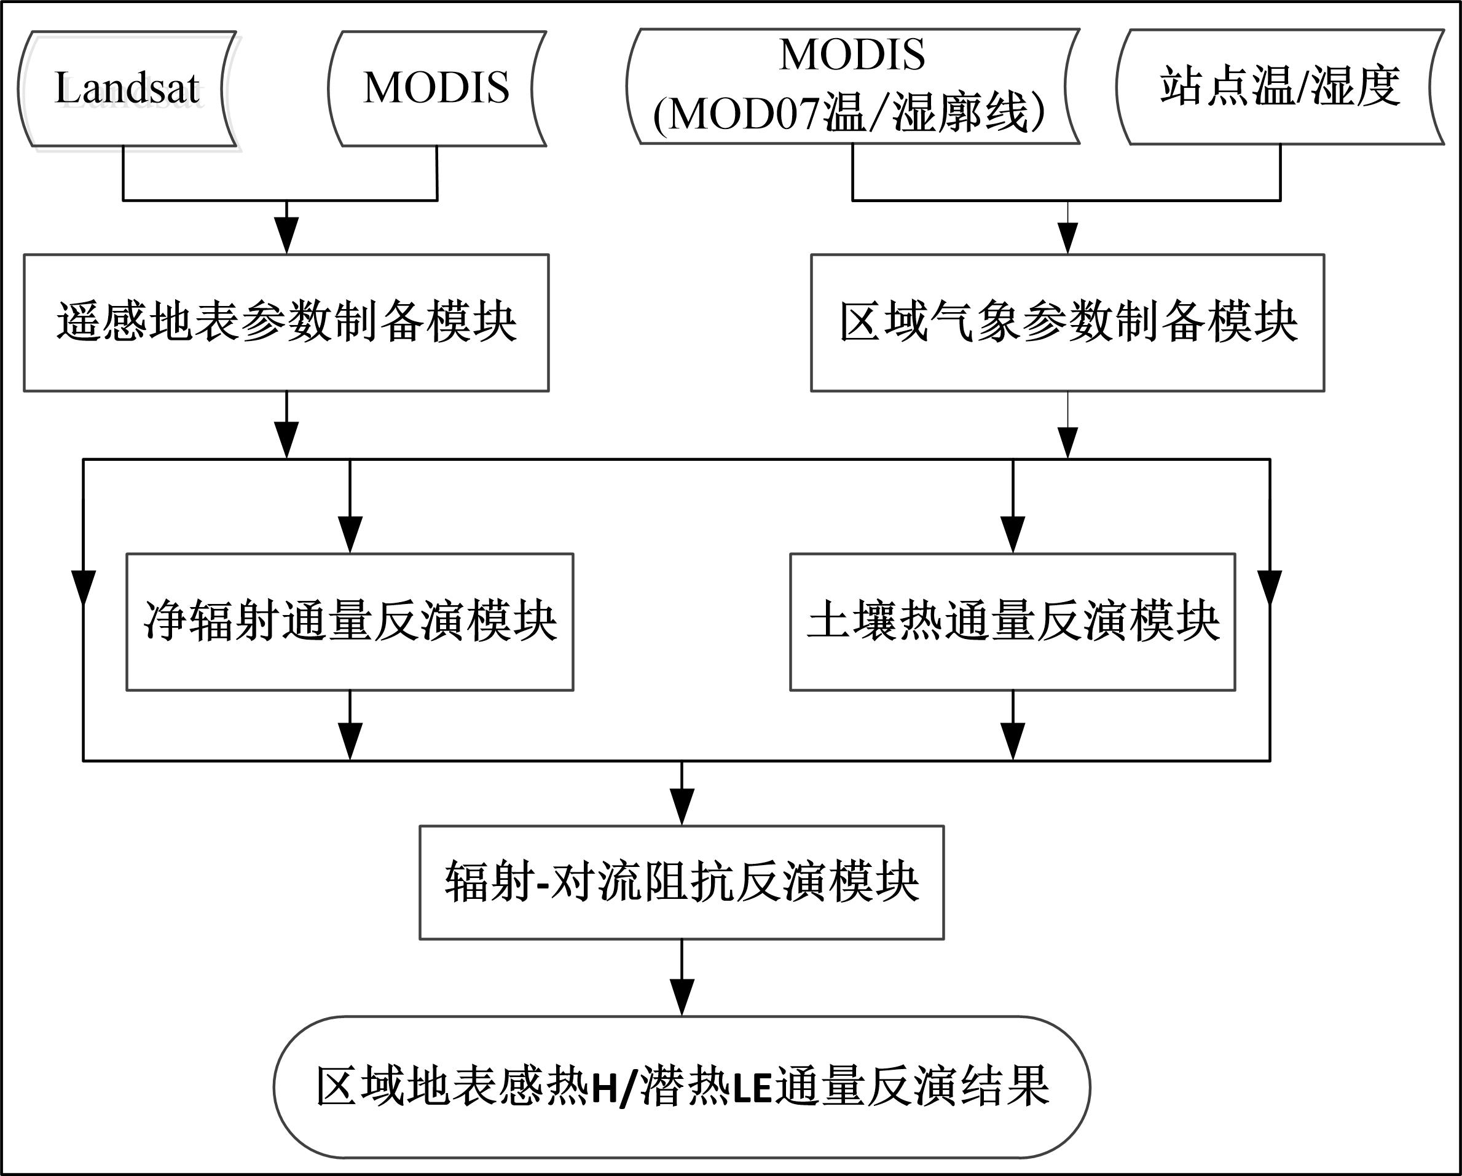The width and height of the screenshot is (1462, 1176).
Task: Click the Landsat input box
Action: tap(127, 89)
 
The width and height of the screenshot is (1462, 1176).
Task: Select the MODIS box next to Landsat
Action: tap(437, 89)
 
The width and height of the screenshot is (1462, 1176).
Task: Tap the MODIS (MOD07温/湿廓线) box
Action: tap(852, 86)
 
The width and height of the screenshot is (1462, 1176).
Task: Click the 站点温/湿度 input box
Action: tap(1280, 87)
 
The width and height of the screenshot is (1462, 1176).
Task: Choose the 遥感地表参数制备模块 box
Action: tap(286, 323)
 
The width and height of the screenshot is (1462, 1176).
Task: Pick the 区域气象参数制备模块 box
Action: tap(1067, 323)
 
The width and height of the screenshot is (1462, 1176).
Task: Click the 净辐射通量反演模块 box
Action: tap(350, 622)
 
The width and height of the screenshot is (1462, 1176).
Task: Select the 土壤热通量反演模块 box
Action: tap(1012, 622)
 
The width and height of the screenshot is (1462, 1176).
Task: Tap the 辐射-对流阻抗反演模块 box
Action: tap(682, 882)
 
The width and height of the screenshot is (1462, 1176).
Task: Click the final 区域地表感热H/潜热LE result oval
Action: tap(682, 1086)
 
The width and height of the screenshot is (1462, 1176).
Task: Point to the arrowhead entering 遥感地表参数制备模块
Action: tap(287, 236)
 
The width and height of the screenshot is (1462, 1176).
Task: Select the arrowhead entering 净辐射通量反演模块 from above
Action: tap(350, 535)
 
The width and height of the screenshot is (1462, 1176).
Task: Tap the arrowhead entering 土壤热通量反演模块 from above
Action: tap(1012, 535)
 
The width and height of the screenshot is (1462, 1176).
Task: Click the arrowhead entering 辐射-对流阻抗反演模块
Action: tap(682, 807)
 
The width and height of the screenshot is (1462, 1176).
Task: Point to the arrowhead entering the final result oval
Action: tap(682, 998)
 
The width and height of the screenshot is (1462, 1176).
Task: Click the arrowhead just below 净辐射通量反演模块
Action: tap(350, 742)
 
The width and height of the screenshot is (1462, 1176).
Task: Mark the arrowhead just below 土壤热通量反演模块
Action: tap(1012, 742)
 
